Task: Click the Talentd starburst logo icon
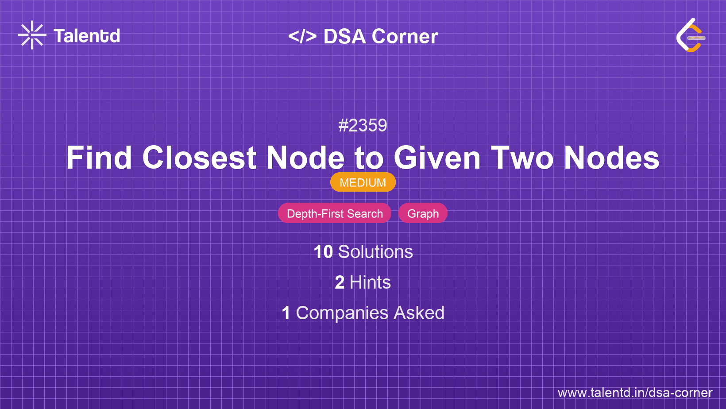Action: click(32, 35)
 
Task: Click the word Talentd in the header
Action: click(87, 36)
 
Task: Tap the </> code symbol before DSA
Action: click(302, 36)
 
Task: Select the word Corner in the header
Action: click(405, 36)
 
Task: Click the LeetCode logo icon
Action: click(691, 35)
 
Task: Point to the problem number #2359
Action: click(363, 125)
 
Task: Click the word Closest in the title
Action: click(199, 158)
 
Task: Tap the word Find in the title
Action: click(99, 158)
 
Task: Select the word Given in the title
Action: click(437, 158)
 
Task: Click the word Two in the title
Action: click(522, 158)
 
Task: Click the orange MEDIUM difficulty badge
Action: click(363, 182)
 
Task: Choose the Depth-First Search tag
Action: click(335, 213)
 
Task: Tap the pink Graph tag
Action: click(423, 213)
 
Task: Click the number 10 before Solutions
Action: click(323, 252)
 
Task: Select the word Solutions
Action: click(375, 252)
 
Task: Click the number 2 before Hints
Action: click(340, 282)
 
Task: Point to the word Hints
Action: click(370, 282)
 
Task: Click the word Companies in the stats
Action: click(342, 313)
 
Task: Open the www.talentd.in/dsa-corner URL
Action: click(635, 393)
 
